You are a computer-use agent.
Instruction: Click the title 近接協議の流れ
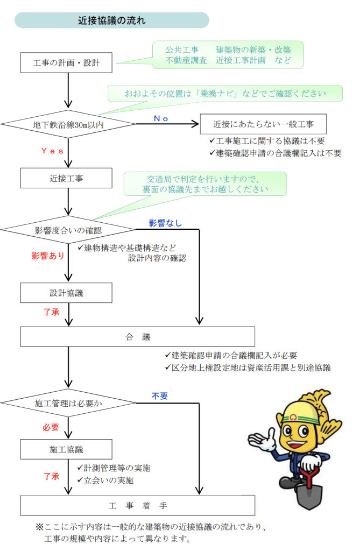tap(111, 21)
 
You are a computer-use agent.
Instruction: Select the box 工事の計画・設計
tap(67, 62)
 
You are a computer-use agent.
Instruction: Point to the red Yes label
tap(52, 151)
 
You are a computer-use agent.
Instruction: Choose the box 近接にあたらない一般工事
tap(263, 124)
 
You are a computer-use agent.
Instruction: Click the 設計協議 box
tap(67, 293)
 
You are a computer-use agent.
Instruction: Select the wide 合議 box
tap(137, 337)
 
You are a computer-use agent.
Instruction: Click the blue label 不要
tap(160, 396)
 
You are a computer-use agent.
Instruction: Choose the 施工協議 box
tap(67, 449)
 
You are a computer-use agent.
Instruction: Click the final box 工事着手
tap(137, 506)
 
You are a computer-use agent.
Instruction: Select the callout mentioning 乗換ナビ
tap(225, 93)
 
